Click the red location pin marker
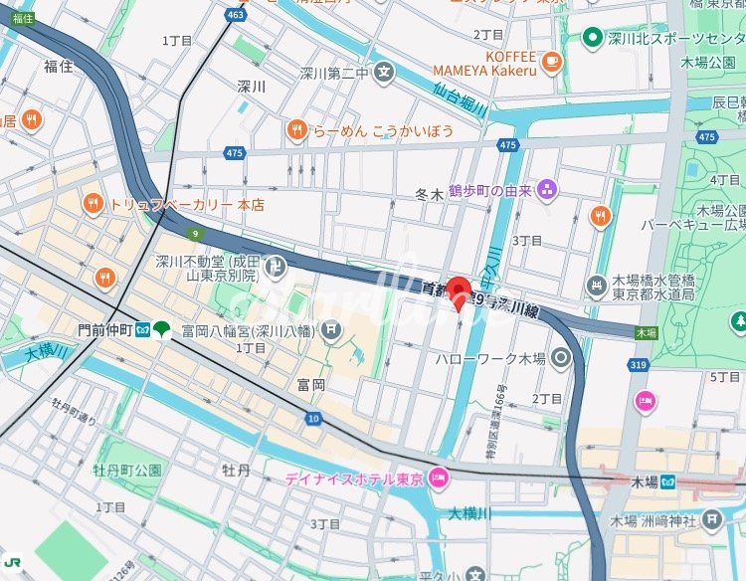tap(457, 290)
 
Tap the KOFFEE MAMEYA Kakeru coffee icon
tap(552, 62)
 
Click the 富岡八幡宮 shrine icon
tap(330, 329)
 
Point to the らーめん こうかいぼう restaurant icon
tap(295, 129)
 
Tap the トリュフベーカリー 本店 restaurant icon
tap(93, 204)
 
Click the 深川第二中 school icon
tap(384, 73)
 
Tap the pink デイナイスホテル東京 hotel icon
tap(438, 480)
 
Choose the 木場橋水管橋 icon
tap(597, 287)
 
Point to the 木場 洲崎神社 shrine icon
tap(711, 519)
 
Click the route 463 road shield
tap(236, 15)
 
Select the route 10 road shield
tap(314, 419)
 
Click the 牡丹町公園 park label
tap(127, 469)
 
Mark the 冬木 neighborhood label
tap(429, 195)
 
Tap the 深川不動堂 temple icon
tap(276, 267)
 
